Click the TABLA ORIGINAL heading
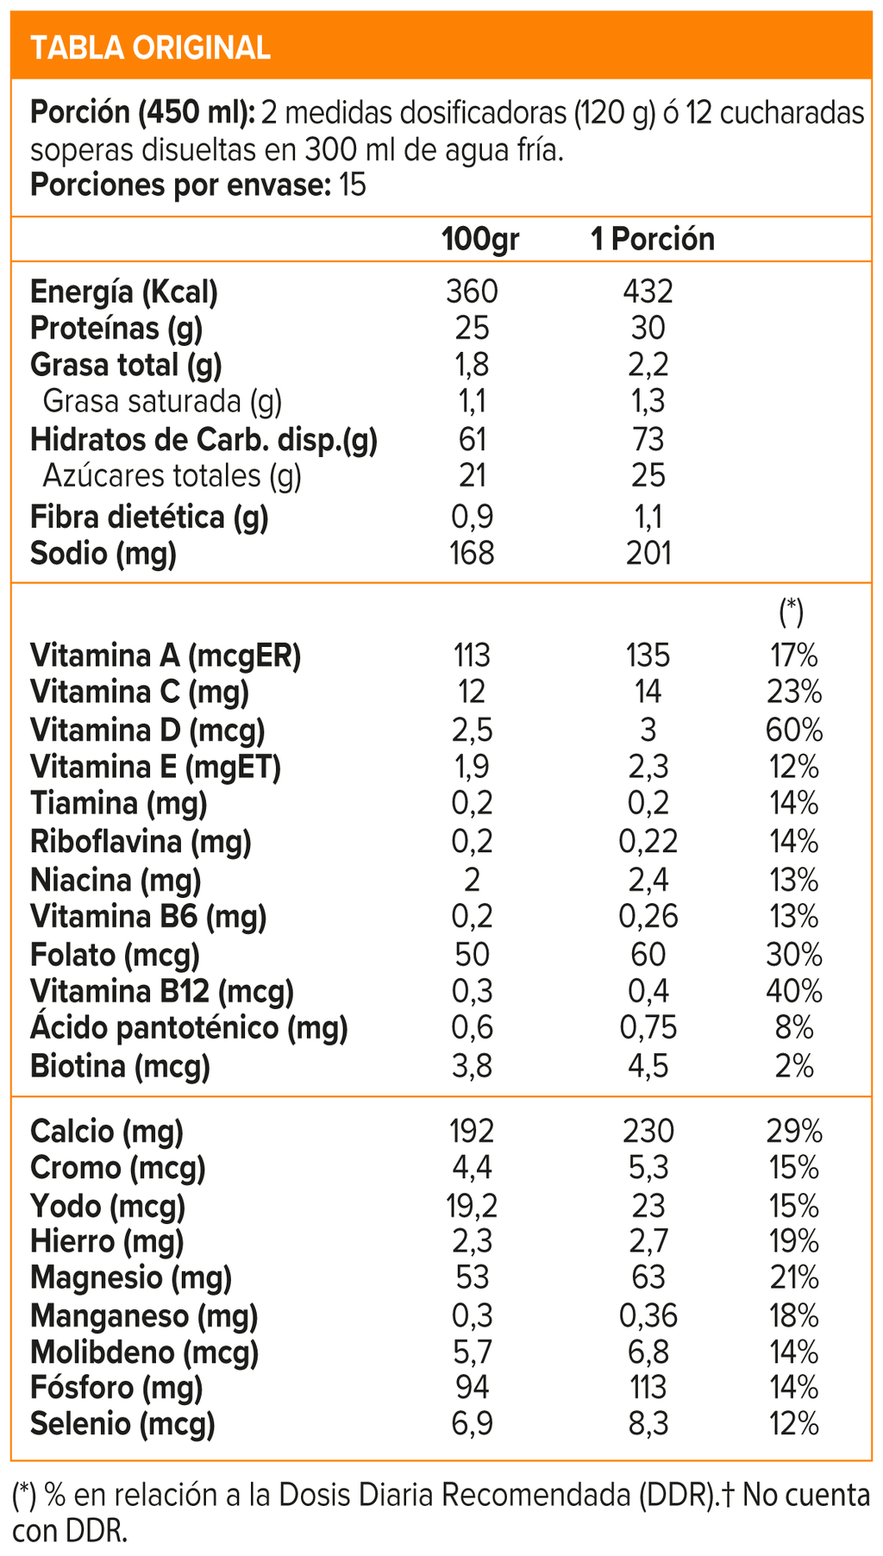[x=151, y=47]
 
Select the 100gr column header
[x=480, y=239]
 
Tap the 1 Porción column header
[x=653, y=239]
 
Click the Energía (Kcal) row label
[x=124, y=292]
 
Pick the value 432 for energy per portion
[x=648, y=292]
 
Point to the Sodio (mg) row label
[x=103, y=554]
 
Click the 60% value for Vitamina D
[x=794, y=730]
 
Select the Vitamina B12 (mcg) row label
[x=162, y=992]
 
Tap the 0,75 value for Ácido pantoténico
[x=648, y=1028]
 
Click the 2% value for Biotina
[x=794, y=1067]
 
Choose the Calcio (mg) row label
[x=107, y=1132]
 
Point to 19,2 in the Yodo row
[x=473, y=1205]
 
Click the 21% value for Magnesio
[x=794, y=1277]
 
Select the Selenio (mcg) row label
[x=122, y=1424]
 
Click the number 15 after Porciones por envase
[x=353, y=185]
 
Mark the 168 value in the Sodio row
[x=473, y=554]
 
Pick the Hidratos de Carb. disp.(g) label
[x=204, y=440]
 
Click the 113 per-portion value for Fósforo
[x=648, y=1388]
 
